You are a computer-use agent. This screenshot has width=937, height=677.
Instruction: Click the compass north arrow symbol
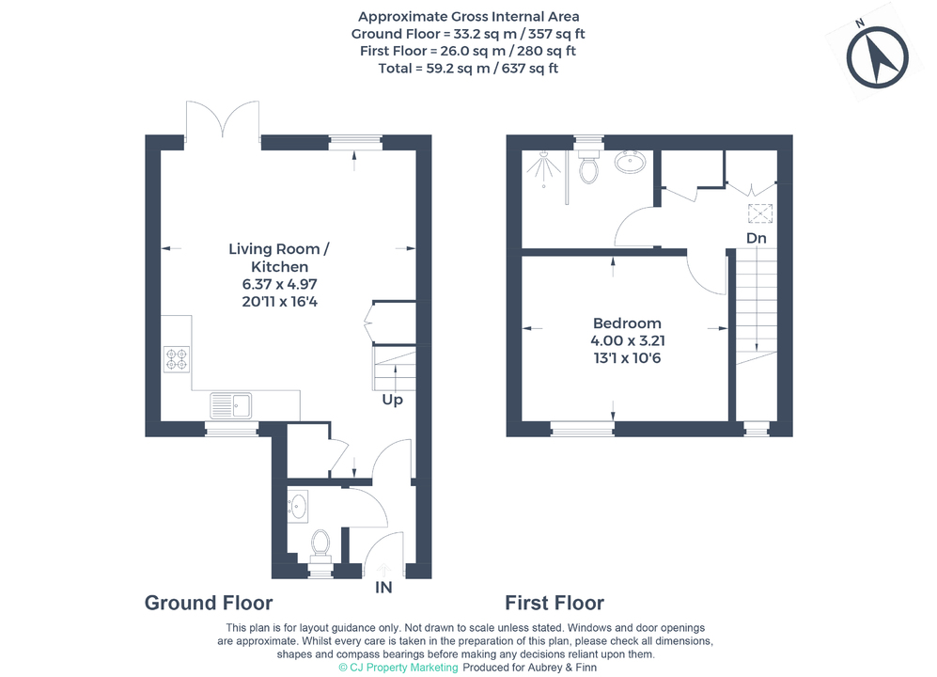(x=877, y=59)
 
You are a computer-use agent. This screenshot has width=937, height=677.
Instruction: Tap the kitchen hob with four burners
(x=177, y=359)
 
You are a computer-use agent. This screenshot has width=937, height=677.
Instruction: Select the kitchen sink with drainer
(x=230, y=405)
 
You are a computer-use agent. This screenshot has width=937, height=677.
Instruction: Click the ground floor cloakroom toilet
(x=320, y=545)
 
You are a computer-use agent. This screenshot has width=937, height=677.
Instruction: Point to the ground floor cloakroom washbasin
(x=298, y=506)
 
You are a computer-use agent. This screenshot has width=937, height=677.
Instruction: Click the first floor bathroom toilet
(x=588, y=166)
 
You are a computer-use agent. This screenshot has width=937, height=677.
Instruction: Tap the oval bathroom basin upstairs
(x=630, y=162)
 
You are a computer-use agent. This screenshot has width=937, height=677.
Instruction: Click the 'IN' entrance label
(x=383, y=588)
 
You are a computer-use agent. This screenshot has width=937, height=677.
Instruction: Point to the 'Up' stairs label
(x=393, y=400)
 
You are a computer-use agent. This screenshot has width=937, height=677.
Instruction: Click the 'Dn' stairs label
(x=756, y=238)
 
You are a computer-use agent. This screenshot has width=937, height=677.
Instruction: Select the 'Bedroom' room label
(x=627, y=323)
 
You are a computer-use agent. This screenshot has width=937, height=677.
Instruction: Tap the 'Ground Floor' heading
(x=209, y=603)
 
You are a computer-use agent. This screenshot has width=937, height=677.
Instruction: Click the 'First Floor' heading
(x=554, y=603)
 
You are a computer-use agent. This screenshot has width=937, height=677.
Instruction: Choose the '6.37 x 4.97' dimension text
(x=280, y=284)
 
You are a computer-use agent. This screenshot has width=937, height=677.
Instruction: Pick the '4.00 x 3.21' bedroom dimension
(x=628, y=341)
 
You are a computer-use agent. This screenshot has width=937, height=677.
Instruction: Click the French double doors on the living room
(x=223, y=119)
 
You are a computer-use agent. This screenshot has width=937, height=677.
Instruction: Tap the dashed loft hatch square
(x=760, y=213)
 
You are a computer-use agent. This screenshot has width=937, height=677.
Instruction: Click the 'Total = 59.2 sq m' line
(x=468, y=69)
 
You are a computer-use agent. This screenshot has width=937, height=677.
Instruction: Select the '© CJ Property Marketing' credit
(x=398, y=668)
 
